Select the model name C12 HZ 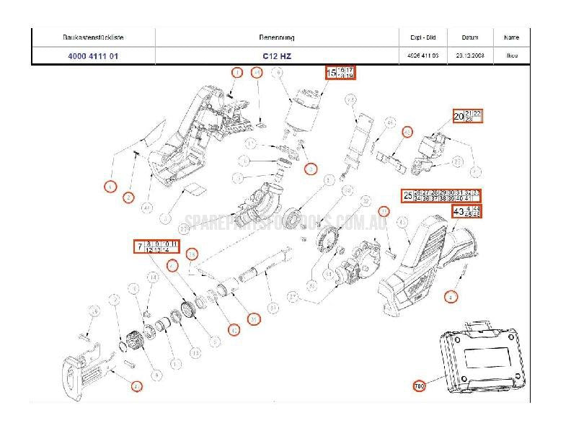click(x=276, y=55)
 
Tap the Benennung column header click(x=276, y=37)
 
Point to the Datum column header click(x=460, y=37)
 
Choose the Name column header click(x=511, y=37)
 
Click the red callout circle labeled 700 click(x=420, y=386)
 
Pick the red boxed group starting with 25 click(x=441, y=195)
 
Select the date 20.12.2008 click(x=460, y=55)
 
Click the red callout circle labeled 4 click(x=451, y=295)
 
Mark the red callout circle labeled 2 click(x=128, y=197)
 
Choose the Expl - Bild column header click(x=412, y=37)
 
